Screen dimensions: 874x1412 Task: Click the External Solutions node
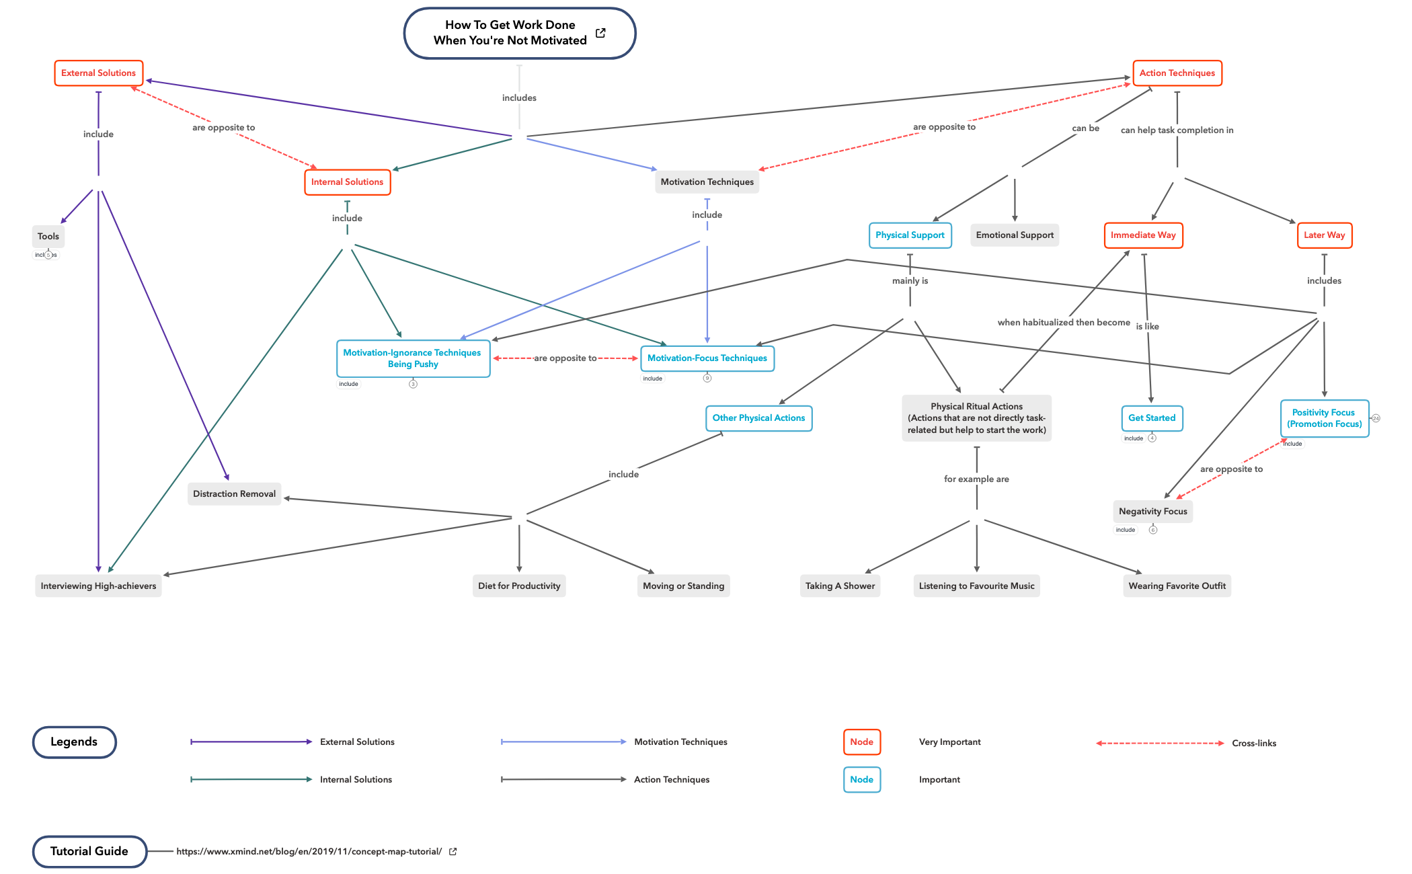pyautogui.click(x=98, y=73)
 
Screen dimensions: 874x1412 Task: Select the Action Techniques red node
pyautogui.click(x=1177, y=73)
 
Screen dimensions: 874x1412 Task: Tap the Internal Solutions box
pyautogui.click(x=347, y=182)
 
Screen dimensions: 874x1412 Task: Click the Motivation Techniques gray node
pyautogui.click(x=707, y=182)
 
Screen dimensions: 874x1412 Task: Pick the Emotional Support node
pyautogui.click(x=1015, y=235)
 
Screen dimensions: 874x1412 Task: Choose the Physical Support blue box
pyautogui.click(x=910, y=235)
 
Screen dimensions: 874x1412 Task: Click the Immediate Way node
pyautogui.click(x=1143, y=235)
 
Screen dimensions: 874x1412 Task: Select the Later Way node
pyautogui.click(x=1324, y=235)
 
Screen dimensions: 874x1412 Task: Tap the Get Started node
pyautogui.click(x=1151, y=418)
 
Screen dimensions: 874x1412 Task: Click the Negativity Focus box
pyautogui.click(x=1152, y=512)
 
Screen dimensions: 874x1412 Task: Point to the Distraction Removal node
pyautogui.click(x=234, y=494)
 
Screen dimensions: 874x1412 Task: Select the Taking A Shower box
pyautogui.click(x=840, y=586)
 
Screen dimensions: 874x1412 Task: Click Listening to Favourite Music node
pyautogui.click(x=976, y=586)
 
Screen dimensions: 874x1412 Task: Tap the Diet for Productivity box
pyautogui.click(x=519, y=586)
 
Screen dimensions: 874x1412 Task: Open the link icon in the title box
pyautogui.click(x=600, y=33)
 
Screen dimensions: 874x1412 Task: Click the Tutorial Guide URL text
pyautogui.click(x=309, y=852)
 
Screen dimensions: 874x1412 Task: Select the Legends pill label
pyautogui.click(x=74, y=742)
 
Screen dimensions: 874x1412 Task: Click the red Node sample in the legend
pyautogui.click(x=862, y=742)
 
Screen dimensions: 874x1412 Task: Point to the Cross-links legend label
pyautogui.click(x=1253, y=744)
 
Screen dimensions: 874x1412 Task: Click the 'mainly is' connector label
pyautogui.click(x=910, y=281)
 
